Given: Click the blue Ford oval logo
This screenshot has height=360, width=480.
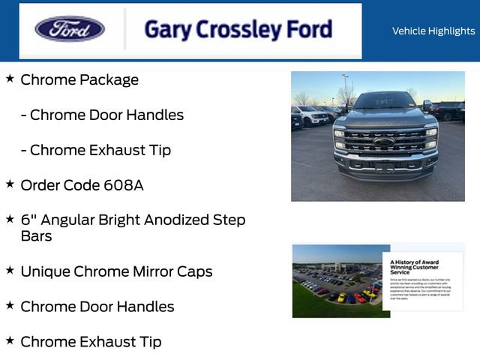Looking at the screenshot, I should point(70,29).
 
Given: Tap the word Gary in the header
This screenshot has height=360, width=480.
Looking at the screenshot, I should point(166,30).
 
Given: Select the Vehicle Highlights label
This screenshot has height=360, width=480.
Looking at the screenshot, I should point(433,31).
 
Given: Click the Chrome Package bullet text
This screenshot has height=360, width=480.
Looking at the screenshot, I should point(79,80).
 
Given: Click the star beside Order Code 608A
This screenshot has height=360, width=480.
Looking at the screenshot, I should point(10,184).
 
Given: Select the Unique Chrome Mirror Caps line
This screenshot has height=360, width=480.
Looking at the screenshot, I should point(116,271).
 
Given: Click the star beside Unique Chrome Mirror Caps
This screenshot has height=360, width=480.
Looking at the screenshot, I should point(10,270).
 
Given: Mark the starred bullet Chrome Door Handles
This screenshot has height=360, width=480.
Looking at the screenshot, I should point(97,307).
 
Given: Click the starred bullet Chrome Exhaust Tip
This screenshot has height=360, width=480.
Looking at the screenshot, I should point(91,342).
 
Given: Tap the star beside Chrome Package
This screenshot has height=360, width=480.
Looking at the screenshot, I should point(10,78).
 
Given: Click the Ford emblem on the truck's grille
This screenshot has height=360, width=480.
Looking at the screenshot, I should point(384,141).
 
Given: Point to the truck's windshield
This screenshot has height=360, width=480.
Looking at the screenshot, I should point(383,100).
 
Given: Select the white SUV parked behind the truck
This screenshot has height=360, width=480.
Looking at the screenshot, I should point(309,115).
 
